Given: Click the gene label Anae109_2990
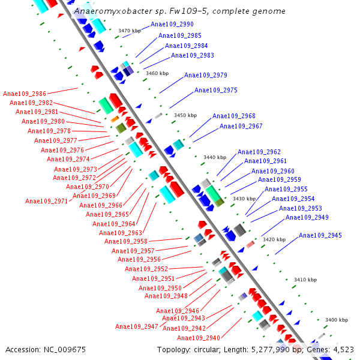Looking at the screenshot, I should click(x=172, y=25).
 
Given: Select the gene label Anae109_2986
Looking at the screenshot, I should click(x=25, y=94).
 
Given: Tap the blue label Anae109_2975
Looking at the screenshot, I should click(x=215, y=91).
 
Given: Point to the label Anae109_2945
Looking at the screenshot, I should click(x=320, y=236).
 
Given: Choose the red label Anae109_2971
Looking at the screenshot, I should click(x=47, y=202).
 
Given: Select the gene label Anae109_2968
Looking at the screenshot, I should click(x=233, y=116).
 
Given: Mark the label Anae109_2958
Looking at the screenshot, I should click(x=126, y=242).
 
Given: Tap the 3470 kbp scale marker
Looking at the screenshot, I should click(x=130, y=31).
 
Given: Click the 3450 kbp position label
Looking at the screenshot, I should click(x=185, y=115).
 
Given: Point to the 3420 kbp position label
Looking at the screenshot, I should click(x=274, y=239).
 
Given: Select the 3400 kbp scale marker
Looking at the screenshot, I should click(x=337, y=320).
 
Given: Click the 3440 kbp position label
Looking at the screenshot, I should click(x=215, y=157).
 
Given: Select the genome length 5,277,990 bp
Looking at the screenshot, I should click(x=273, y=350).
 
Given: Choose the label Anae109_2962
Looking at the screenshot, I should click(x=259, y=152).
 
